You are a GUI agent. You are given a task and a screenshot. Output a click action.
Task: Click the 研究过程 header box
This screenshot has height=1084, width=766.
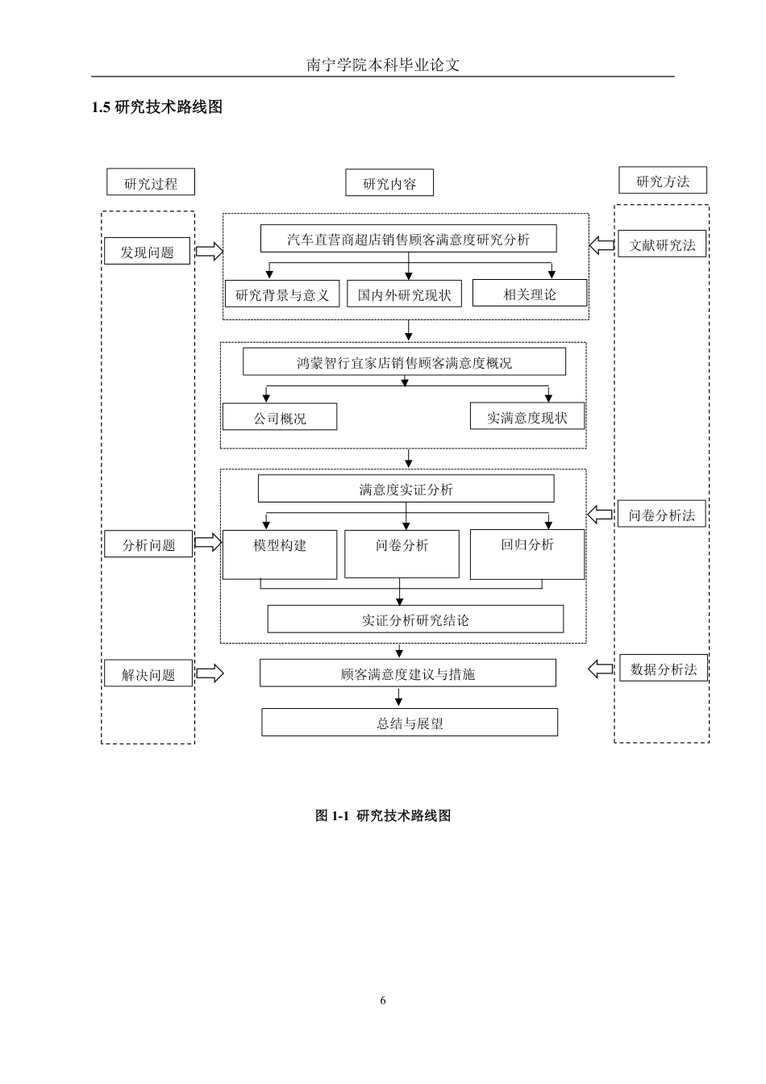(x=151, y=182)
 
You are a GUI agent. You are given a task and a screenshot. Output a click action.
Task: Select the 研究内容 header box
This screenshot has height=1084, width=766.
(x=389, y=182)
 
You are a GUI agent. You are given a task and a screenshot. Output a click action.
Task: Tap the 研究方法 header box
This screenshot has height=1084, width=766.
(x=663, y=180)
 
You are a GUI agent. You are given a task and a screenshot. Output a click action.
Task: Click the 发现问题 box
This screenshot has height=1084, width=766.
(x=147, y=251)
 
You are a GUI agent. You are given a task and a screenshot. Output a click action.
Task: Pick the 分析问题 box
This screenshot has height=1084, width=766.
(x=148, y=544)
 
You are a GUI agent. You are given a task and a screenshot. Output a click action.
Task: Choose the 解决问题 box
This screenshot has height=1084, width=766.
(x=148, y=673)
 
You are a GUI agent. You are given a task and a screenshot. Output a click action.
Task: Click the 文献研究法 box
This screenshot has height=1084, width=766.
(x=662, y=244)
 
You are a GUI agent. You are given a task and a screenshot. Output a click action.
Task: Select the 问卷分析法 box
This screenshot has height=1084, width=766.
(x=661, y=514)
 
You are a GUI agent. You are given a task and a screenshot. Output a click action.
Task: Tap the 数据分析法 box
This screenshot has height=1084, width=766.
(x=664, y=668)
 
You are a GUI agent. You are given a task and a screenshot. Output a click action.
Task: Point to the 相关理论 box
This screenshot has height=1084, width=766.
(x=530, y=293)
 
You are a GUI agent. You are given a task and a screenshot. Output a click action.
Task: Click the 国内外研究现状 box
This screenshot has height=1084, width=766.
(x=404, y=294)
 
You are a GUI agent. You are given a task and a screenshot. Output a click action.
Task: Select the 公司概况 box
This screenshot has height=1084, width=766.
(x=280, y=417)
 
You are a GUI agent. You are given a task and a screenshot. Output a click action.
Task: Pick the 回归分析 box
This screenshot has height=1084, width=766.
(x=527, y=555)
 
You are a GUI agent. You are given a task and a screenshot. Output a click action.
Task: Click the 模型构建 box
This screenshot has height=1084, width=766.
(x=280, y=555)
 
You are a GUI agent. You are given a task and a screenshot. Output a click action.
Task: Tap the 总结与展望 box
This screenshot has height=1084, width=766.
(x=410, y=723)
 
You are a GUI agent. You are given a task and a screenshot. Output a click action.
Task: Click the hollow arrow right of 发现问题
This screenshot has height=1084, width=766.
(x=209, y=251)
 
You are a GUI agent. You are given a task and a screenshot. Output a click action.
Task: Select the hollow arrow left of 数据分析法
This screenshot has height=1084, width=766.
(x=601, y=669)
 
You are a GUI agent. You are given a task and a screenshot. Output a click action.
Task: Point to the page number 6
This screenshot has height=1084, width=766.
(x=383, y=1000)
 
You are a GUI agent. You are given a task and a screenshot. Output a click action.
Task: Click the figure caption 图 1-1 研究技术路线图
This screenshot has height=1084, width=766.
(x=383, y=815)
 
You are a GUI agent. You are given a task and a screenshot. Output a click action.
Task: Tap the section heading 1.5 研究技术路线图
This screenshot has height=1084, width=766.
(x=156, y=106)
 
